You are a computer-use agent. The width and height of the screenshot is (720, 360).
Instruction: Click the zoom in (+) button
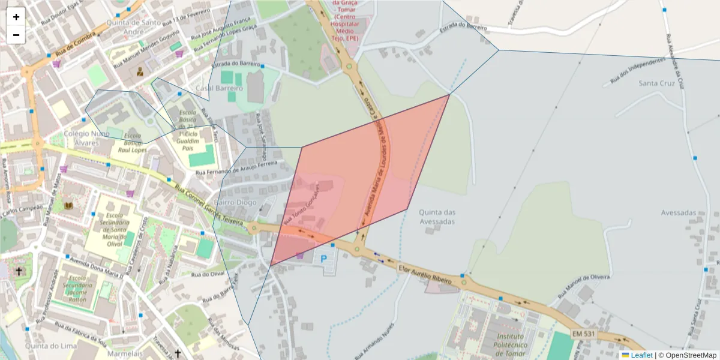16,17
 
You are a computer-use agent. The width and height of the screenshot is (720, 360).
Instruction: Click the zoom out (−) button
16,35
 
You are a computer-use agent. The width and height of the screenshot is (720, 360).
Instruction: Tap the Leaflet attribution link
641,355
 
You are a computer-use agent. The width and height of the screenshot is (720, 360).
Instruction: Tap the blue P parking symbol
324,259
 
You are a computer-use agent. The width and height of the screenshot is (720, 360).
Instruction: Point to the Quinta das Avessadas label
437,217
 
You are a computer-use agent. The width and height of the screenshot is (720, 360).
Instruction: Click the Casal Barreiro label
220,88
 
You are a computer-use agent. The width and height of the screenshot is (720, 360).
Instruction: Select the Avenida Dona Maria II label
95,268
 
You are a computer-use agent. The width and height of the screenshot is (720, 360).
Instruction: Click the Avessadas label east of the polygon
678,212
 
